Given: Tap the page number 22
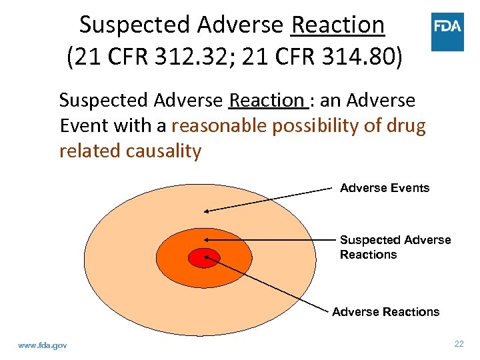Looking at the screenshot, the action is pyautogui.click(x=459, y=344).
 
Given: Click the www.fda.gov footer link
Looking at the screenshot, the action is pyautogui.click(x=43, y=345).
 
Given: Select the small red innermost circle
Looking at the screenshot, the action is pyautogui.click(x=199, y=257).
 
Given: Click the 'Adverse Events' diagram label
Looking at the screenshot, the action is pyautogui.click(x=385, y=188).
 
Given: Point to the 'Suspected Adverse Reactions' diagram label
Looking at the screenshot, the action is pyautogui.click(x=395, y=247).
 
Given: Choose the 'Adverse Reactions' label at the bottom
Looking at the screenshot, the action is pyautogui.click(x=386, y=312).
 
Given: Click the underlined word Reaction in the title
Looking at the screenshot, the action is pyautogui.click(x=338, y=25).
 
